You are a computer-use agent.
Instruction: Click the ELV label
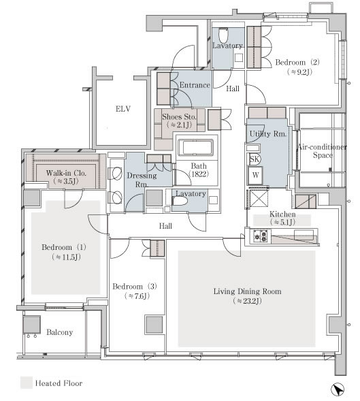coord(123,109)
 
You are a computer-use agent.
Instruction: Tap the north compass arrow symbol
coord(338,390)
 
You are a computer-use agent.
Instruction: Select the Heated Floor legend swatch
coord(27,383)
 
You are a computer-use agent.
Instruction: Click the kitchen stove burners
coord(260,236)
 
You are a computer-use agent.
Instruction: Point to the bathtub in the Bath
coord(195,148)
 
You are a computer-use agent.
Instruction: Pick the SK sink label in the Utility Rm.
coord(254,159)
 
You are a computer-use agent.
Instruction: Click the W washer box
coord(255,175)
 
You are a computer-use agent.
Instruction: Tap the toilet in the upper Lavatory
coord(223,35)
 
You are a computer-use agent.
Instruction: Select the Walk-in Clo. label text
coord(66,173)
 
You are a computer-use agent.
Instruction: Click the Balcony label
coord(60,332)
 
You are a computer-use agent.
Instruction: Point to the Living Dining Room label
coord(247,291)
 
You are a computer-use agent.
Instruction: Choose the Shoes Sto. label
coord(179,117)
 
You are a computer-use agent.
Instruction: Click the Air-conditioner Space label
coord(322,151)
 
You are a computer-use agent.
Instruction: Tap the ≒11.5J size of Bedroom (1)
coord(66,257)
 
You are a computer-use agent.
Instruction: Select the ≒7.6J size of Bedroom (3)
coord(137,296)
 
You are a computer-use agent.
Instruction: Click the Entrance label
coord(195,85)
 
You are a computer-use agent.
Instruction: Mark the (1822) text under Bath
coord(199,174)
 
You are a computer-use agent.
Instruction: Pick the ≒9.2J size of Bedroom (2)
coord(299,72)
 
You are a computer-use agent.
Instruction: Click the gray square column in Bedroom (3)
coord(154,325)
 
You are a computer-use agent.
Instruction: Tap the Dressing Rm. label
coord(142,180)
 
